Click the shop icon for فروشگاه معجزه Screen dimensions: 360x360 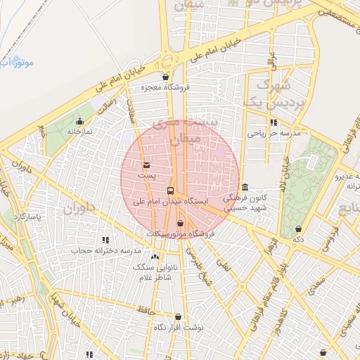[165, 77]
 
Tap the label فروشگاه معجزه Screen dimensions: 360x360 [165, 88]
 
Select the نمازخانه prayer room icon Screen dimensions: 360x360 [81, 121]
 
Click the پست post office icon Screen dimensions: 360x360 [146, 165]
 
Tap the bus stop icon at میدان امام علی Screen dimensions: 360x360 [170, 191]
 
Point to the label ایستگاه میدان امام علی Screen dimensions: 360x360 [172, 201]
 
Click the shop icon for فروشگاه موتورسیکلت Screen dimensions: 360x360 [180, 223]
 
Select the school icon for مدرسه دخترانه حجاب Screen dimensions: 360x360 [105, 240]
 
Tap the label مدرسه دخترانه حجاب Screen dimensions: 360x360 [106, 251]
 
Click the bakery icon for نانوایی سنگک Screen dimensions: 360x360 [155, 257]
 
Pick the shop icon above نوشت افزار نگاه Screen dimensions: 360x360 [178, 317]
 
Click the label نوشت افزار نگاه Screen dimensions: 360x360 [179, 328]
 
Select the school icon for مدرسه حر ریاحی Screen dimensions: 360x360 [274, 123]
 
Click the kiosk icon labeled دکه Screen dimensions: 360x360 [300, 229]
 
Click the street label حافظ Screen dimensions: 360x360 [146, 308]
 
